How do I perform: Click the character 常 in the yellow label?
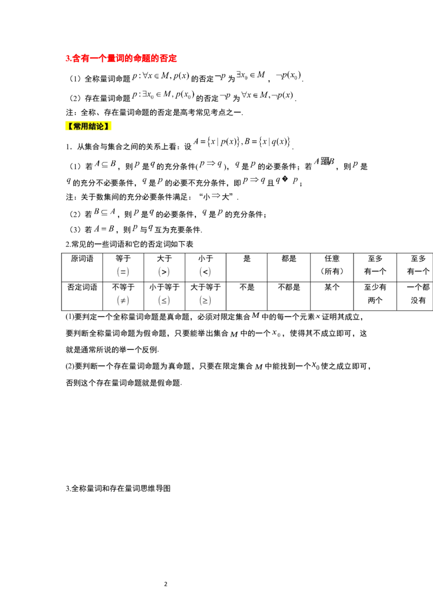coord(76,126)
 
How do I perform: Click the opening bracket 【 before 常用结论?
coord(69,126)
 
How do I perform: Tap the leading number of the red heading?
coord(67,57)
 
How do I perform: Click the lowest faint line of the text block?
coord(123,229)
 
